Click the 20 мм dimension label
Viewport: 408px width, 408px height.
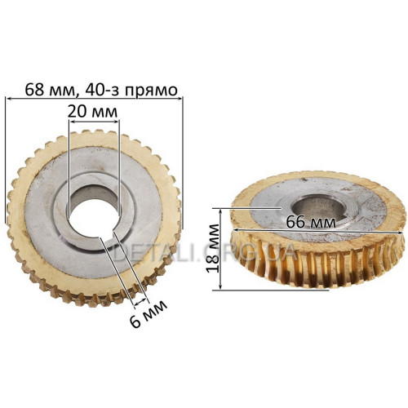93,112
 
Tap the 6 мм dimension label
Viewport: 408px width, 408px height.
148,313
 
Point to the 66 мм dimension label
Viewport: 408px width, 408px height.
311,223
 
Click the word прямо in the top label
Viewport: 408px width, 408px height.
151,91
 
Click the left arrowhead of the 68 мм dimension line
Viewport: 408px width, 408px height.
8,99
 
